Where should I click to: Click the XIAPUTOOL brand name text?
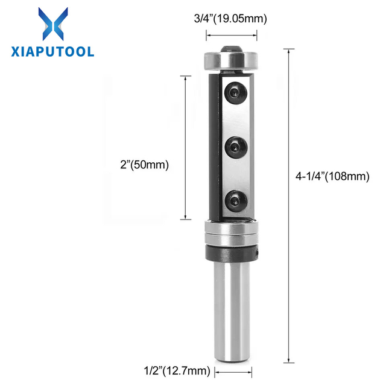(52, 52)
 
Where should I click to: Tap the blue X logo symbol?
(53, 24)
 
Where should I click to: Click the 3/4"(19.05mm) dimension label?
(230, 19)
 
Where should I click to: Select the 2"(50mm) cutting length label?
(145, 165)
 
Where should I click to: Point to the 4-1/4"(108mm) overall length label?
(332, 176)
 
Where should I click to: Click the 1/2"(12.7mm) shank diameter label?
(177, 370)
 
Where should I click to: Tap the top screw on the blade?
(236, 93)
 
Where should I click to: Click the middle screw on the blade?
(236, 147)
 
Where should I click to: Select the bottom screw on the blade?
(236, 201)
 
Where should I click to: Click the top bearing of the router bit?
(232, 60)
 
